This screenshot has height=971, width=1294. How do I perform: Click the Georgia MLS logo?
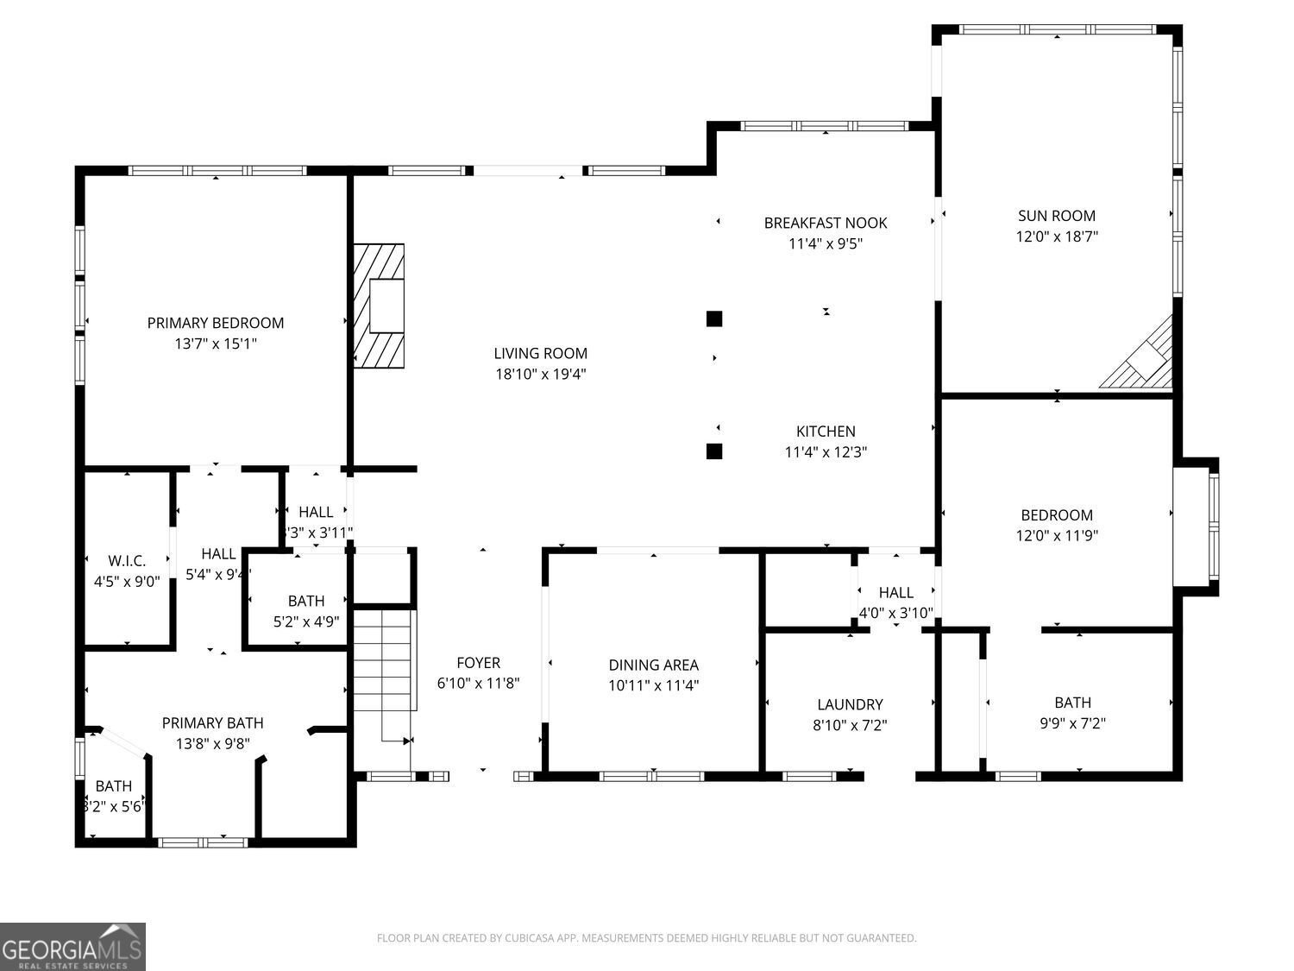coord(72,947)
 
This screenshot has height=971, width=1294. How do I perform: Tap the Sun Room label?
coord(1056,216)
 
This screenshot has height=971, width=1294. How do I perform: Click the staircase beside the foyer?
coord(383,673)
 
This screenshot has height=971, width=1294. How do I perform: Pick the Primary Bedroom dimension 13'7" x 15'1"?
coord(215,344)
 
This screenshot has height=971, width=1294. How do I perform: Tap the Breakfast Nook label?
coord(825,223)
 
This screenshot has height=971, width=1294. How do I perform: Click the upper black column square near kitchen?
coord(713,318)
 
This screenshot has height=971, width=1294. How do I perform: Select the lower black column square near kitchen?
coord(713,451)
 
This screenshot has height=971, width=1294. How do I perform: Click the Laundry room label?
coord(850,704)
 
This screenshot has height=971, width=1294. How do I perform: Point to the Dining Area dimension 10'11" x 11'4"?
coord(653,685)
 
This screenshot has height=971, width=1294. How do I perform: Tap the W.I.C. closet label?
coord(127,561)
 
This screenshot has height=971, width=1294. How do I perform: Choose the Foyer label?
coord(478,663)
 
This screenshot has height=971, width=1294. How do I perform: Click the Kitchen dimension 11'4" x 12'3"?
coord(825,451)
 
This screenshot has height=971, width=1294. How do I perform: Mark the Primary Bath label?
coord(213,722)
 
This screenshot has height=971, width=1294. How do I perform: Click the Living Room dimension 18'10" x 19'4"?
coord(540,374)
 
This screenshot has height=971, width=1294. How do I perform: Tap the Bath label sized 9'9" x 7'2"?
coord(1072,703)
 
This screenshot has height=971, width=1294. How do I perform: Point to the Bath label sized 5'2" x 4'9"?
coord(306,601)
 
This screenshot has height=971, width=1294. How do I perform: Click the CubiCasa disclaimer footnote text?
coord(646,938)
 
